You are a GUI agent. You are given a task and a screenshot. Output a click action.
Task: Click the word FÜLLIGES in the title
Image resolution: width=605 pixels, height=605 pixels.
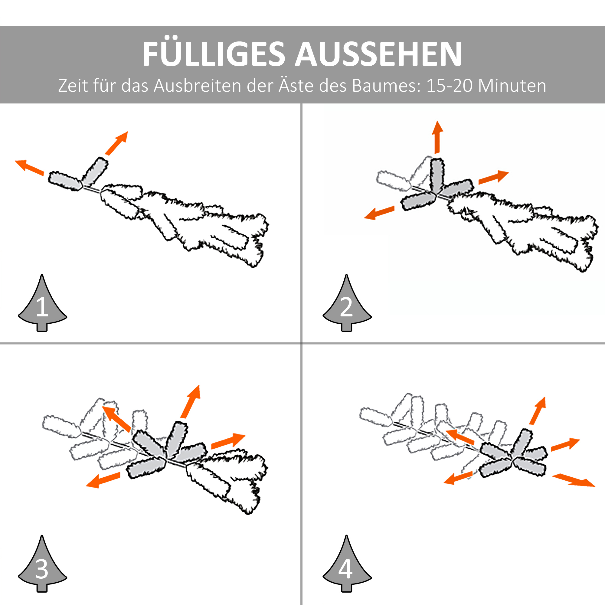(213, 54)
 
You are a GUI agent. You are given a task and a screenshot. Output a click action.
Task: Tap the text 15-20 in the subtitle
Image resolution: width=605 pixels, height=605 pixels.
(449, 86)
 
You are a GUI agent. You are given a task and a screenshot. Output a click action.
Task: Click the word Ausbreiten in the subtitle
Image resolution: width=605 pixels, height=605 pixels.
(197, 86)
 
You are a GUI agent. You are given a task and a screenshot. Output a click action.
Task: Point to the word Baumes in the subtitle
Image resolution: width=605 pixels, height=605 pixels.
(386, 86)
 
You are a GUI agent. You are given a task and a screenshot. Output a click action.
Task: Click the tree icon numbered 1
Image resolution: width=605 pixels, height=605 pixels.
(42, 305)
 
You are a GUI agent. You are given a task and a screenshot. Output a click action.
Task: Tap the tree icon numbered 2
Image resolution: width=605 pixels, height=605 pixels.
(347, 305)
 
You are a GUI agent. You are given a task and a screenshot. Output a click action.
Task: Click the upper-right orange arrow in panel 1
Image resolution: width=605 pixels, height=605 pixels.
(117, 143)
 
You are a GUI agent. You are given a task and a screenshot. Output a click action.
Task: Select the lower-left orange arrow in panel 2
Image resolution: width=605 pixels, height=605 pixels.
(379, 213)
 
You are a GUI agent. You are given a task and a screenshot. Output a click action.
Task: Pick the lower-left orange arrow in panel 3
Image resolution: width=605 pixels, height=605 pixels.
(103, 480)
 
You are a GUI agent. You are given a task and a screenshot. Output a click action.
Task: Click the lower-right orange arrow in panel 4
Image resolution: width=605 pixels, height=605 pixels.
(573, 480)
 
